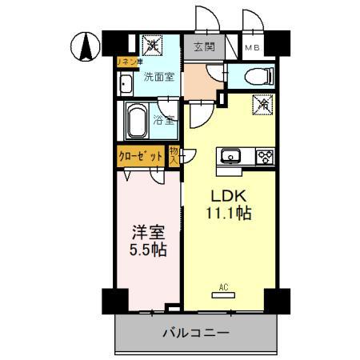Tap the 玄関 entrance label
tap(204, 47)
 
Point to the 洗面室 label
tap(158, 78)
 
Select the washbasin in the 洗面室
tap(126, 84)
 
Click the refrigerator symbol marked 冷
tap(263, 104)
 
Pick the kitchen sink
tap(230, 157)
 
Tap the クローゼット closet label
tap(141, 157)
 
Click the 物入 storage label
tap(174, 156)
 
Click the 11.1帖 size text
tap(227, 215)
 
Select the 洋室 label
tap(148, 232)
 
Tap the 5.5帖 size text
tap(148, 250)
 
